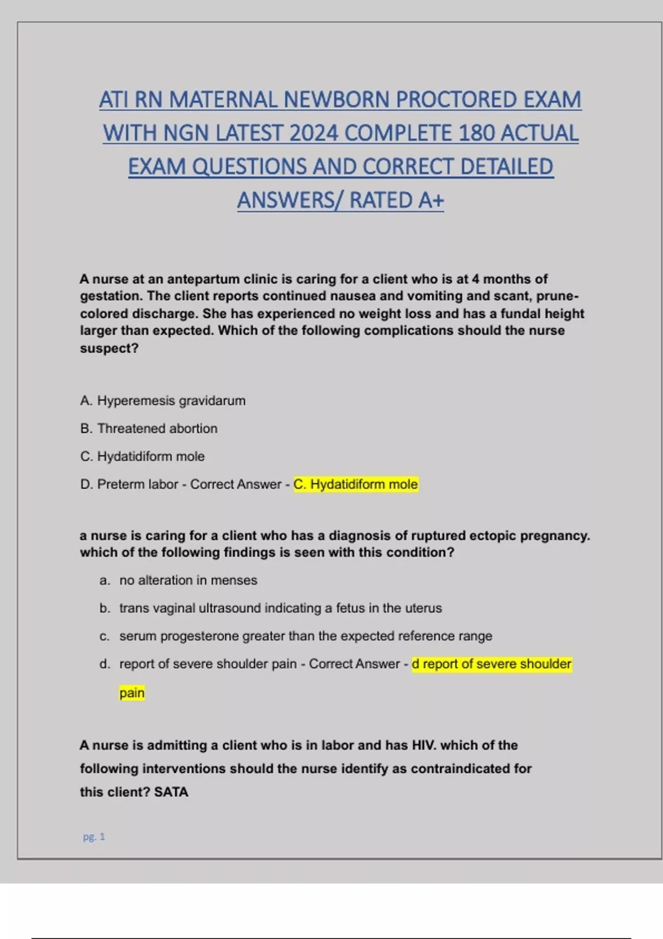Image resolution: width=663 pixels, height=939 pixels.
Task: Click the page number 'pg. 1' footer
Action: click(94, 837)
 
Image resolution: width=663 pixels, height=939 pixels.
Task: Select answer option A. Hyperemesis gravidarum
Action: click(162, 400)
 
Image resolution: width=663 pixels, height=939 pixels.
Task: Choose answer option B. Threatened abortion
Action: click(149, 428)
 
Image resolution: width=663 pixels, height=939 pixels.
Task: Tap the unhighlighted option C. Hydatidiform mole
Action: click(142, 456)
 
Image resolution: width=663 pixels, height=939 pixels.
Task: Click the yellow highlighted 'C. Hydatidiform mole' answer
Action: click(355, 484)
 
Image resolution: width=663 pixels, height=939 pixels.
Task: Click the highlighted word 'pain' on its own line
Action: click(131, 693)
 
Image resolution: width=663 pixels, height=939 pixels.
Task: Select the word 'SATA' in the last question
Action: click(171, 792)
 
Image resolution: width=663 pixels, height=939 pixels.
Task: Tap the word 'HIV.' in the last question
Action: click(424, 745)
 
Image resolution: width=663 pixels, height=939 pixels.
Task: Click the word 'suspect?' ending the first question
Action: click(109, 348)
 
